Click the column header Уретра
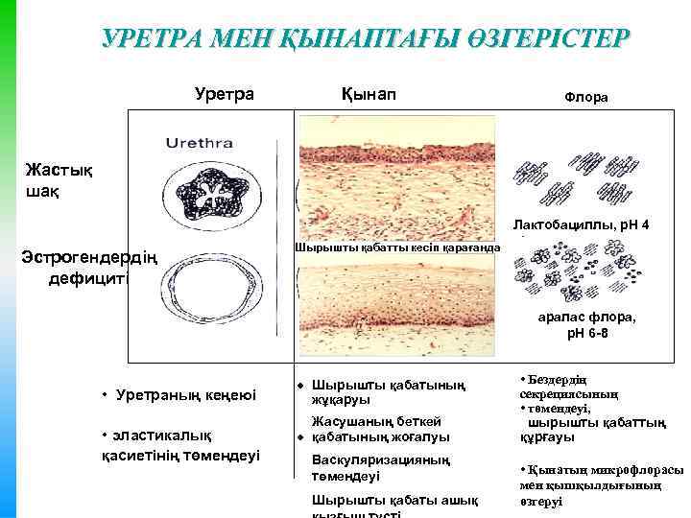(224, 94)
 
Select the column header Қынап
(368, 94)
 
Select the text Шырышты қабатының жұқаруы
(389, 392)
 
